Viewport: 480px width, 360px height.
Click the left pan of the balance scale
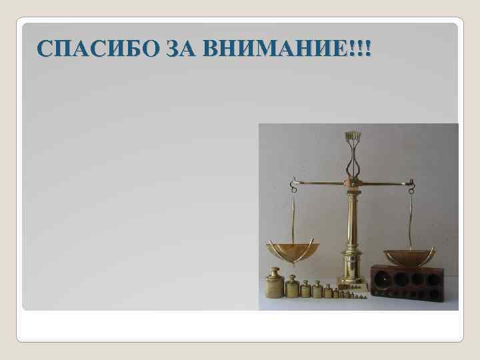(x=293, y=251)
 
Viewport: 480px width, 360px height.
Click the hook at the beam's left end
(x=292, y=181)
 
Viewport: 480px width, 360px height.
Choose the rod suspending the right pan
(x=411, y=217)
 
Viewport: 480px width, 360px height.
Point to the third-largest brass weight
(x=305, y=289)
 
